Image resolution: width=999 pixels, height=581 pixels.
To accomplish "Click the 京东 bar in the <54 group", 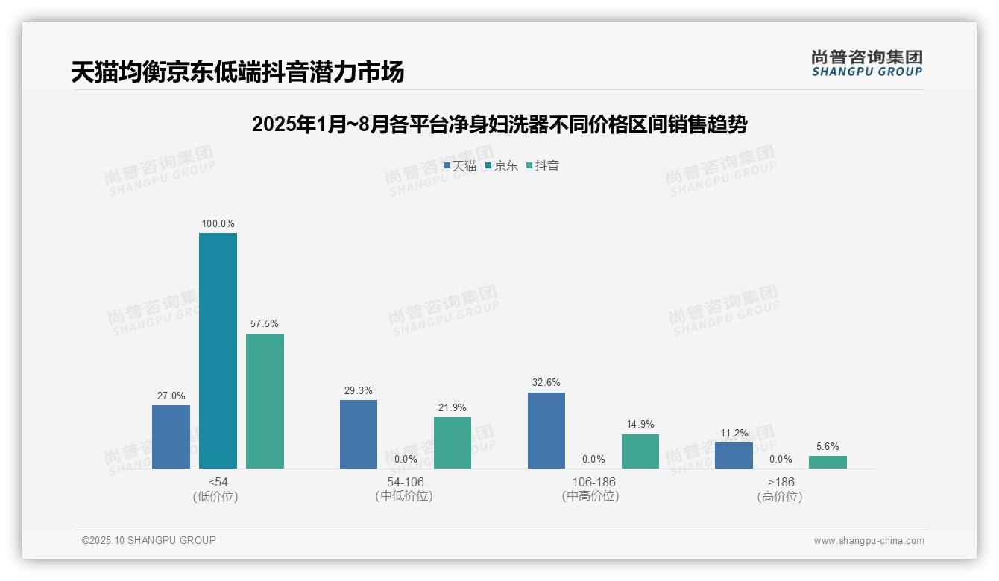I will (218, 351).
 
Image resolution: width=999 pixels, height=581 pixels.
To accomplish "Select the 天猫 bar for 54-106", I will (359, 434).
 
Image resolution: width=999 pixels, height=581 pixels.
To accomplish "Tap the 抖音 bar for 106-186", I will (640, 451).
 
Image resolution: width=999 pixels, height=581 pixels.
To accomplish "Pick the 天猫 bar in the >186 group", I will (734, 455).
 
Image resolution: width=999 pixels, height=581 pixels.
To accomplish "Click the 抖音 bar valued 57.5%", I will (265, 401).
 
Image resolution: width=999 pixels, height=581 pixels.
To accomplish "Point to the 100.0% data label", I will (218, 223).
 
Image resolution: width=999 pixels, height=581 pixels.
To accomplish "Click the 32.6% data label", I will (546, 383).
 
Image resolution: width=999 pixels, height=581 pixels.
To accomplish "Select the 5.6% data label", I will (828, 447).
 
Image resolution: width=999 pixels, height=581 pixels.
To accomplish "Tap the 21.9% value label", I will (453, 407).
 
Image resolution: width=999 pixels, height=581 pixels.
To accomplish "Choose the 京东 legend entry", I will (502, 166).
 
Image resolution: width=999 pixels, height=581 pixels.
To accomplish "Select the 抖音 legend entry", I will (543, 166).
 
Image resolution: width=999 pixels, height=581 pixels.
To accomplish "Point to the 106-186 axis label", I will (593, 482).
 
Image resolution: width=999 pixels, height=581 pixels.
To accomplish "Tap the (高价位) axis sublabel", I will (780, 497).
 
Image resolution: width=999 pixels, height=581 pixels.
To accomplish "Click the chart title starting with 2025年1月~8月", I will (499, 124).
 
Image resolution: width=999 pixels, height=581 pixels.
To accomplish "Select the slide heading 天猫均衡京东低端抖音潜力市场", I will (238, 72).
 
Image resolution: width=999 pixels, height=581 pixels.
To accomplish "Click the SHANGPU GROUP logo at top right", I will (866, 63).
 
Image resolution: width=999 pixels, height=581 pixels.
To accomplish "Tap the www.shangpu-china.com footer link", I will (869, 541).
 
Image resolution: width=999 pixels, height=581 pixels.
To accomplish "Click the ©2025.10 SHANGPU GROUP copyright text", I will (149, 541).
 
